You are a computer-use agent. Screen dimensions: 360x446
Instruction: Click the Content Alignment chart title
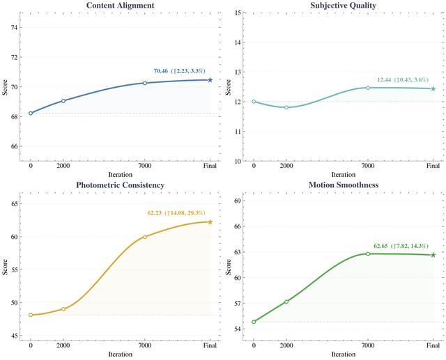click(x=121, y=6)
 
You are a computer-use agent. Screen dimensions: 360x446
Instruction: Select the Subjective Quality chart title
click(x=344, y=6)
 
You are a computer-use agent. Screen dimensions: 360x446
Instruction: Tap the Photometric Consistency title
click(x=121, y=185)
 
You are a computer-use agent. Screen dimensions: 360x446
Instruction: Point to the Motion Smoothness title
click(x=344, y=185)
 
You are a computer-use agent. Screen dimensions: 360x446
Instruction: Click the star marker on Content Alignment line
click(x=210, y=80)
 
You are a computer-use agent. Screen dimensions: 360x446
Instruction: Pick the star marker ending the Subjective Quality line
click(x=433, y=88)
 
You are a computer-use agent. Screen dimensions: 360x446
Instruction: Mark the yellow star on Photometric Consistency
click(x=210, y=222)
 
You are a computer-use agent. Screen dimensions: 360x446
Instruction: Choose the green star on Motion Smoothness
click(x=433, y=255)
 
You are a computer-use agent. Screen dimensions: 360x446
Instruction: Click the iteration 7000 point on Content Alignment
click(x=145, y=83)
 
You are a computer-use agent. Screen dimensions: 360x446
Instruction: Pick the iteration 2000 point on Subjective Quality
click(x=286, y=107)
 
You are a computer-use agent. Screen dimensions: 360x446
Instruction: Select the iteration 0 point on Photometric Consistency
click(x=31, y=315)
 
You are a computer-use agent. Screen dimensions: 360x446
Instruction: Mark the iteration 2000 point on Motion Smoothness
click(x=286, y=302)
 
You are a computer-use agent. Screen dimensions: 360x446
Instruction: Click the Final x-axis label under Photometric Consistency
click(x=210, y=345)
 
